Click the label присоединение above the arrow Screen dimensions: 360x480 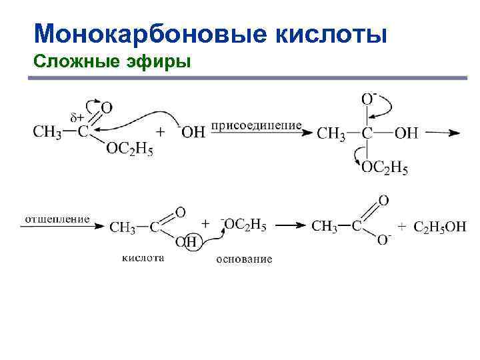point(256,125)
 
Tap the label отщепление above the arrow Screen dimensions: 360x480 point(57,219)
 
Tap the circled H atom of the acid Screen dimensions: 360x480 point(191,242)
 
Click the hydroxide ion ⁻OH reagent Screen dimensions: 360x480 point(191,132)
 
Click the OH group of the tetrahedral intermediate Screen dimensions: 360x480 point(406,133)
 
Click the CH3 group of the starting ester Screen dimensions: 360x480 point(47,131)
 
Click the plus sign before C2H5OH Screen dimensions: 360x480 point(402,227)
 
